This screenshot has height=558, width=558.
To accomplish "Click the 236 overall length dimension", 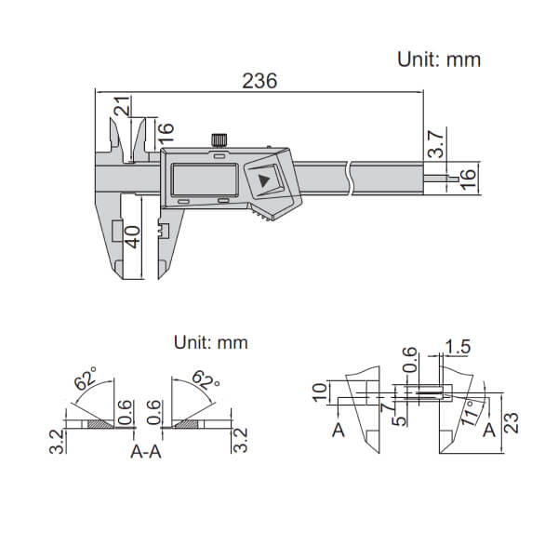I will pyautogui.click(x=259, y=81).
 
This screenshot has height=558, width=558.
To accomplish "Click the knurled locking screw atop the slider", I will pyautogui.click(x=219, y=139).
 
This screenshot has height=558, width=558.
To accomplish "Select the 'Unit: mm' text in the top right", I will pyautogui.click(x=439, y=59).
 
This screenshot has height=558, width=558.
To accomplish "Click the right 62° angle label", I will pyautogui.click(x=206, y=381).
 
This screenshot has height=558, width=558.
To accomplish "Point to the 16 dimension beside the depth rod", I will pyautogui.click(x=470, y=175).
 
